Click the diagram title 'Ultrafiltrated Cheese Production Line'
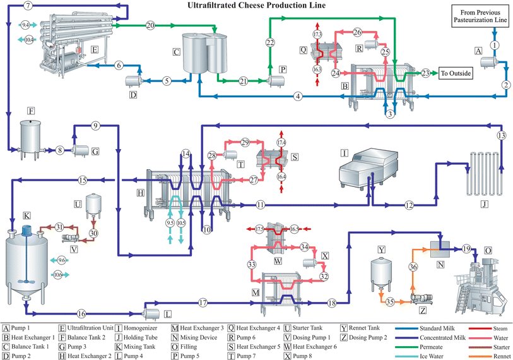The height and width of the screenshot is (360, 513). [x=257, y=6]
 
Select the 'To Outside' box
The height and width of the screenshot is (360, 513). [x=456, y=73]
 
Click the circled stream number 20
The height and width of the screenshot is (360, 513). [x=150, y=25]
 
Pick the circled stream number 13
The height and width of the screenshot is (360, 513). [x=501, y=136]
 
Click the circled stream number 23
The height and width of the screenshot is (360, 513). [x=426, y=73]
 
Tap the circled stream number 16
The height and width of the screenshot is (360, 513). [x=81, y=313]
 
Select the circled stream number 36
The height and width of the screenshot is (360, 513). [x=413, y=267]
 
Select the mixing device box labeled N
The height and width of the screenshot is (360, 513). [x=434, y=248]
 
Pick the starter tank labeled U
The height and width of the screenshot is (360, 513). [x=95, y=204]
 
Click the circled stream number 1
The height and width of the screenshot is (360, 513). [x=495, y=45]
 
